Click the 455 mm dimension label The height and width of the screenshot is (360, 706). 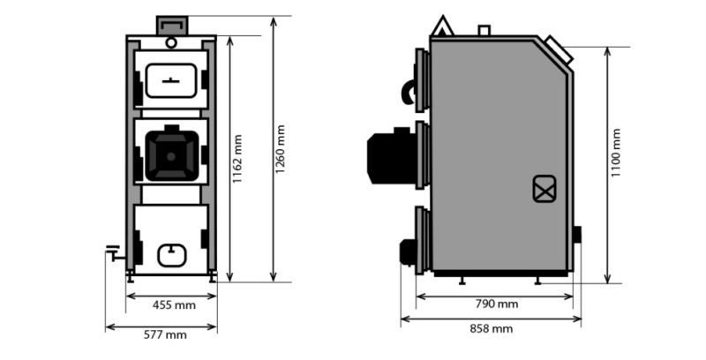[x=172, y=305]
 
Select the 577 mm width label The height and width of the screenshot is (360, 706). [x=164, y=334]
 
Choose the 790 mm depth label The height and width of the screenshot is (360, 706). [x=496, y=304]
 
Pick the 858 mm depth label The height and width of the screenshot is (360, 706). [x=490, y=328]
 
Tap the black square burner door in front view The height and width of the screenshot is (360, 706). [x=171, y=154]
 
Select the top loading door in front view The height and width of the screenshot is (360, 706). [x=171, y=79]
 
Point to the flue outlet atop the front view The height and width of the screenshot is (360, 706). [x=171, y=26]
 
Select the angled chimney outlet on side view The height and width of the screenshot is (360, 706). [x=558, y=49]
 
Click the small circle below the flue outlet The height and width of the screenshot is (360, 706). [x=171, y=41]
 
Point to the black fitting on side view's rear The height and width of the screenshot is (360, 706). [x=576, y=235]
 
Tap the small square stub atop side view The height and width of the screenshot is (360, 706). [x=484, y=31]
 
